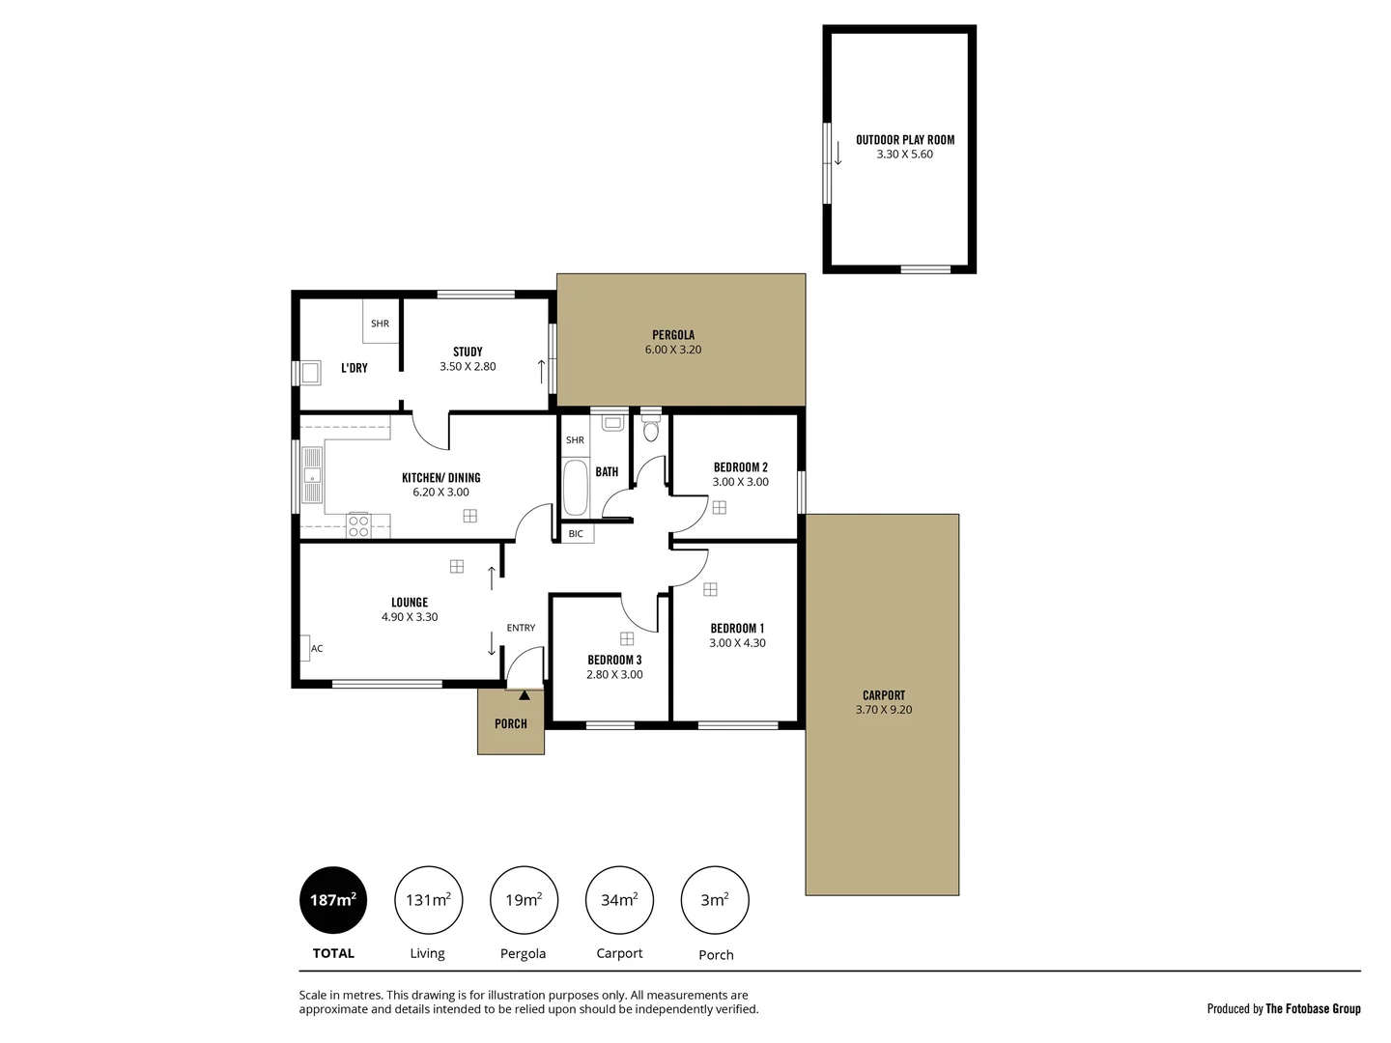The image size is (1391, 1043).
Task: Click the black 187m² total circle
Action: point(333,900)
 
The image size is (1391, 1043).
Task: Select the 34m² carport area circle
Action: point(619,900)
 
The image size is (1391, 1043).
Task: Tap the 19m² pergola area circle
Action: point(524,900)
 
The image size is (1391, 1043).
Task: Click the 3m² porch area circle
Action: point(715,900)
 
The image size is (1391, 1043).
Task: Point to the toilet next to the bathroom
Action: point(651,430)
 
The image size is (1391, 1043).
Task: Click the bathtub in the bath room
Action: point(575,488)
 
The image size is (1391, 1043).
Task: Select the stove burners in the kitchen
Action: point(358,525)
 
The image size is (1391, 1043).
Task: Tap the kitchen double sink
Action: point(312,475)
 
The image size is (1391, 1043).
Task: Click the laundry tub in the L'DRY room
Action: point(310,373)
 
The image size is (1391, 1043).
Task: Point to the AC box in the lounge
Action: point(305,648)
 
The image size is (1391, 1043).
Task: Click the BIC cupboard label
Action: point(577,534)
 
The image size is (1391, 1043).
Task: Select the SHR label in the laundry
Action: point(381,324)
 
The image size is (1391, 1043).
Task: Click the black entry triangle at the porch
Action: point(524,694)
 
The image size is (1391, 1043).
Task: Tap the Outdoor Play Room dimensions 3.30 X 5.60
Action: point(904,155)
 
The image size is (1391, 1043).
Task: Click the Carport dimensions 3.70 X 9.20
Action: point(884,710)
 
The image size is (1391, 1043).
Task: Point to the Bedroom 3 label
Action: point(614,661)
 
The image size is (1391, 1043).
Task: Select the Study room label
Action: point(468,352)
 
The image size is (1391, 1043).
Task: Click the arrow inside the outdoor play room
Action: point(838,153)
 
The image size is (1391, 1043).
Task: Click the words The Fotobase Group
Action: point(1313,1008)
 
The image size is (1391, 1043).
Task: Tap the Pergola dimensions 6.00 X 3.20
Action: point(673,350)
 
